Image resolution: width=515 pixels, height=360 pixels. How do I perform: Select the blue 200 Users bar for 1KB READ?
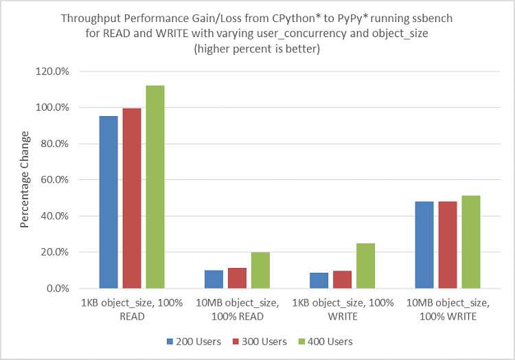tap(108, 202)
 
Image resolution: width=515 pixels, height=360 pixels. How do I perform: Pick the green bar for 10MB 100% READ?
tap(260, 270)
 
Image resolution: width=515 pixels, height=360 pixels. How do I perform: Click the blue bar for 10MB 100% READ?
tap(214, 279)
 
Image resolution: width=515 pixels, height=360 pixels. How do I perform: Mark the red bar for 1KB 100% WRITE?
tap(342, 280)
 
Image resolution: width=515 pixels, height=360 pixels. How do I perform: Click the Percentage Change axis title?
tap(25, 180)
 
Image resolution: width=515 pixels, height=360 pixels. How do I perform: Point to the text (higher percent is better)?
tap(257, 49)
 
